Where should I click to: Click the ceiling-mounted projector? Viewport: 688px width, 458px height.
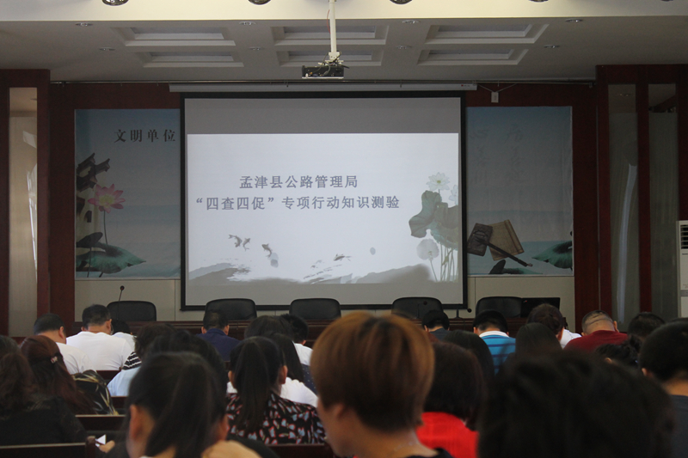322,71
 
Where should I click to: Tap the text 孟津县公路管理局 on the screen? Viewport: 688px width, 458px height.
298,181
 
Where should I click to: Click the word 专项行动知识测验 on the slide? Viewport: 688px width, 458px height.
341,203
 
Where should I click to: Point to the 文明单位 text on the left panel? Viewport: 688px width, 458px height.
144,136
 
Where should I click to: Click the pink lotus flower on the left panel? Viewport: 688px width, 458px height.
106,198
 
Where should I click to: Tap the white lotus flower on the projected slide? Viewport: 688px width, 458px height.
438,181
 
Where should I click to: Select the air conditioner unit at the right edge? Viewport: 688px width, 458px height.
682,268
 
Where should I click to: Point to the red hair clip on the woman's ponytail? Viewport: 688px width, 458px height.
54,359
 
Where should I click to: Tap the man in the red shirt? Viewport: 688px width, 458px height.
598,332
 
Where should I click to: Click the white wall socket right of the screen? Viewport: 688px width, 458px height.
494,97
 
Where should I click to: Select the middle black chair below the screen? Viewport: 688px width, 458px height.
315,309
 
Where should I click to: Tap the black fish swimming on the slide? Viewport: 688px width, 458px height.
267,249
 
